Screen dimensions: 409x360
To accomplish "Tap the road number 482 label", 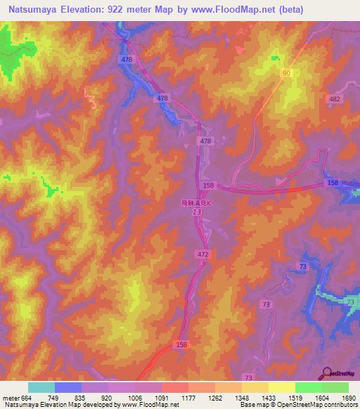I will [335, 100].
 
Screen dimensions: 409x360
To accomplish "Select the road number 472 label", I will [202, 252].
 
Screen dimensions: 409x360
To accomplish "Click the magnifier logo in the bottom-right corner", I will [328, 372].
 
